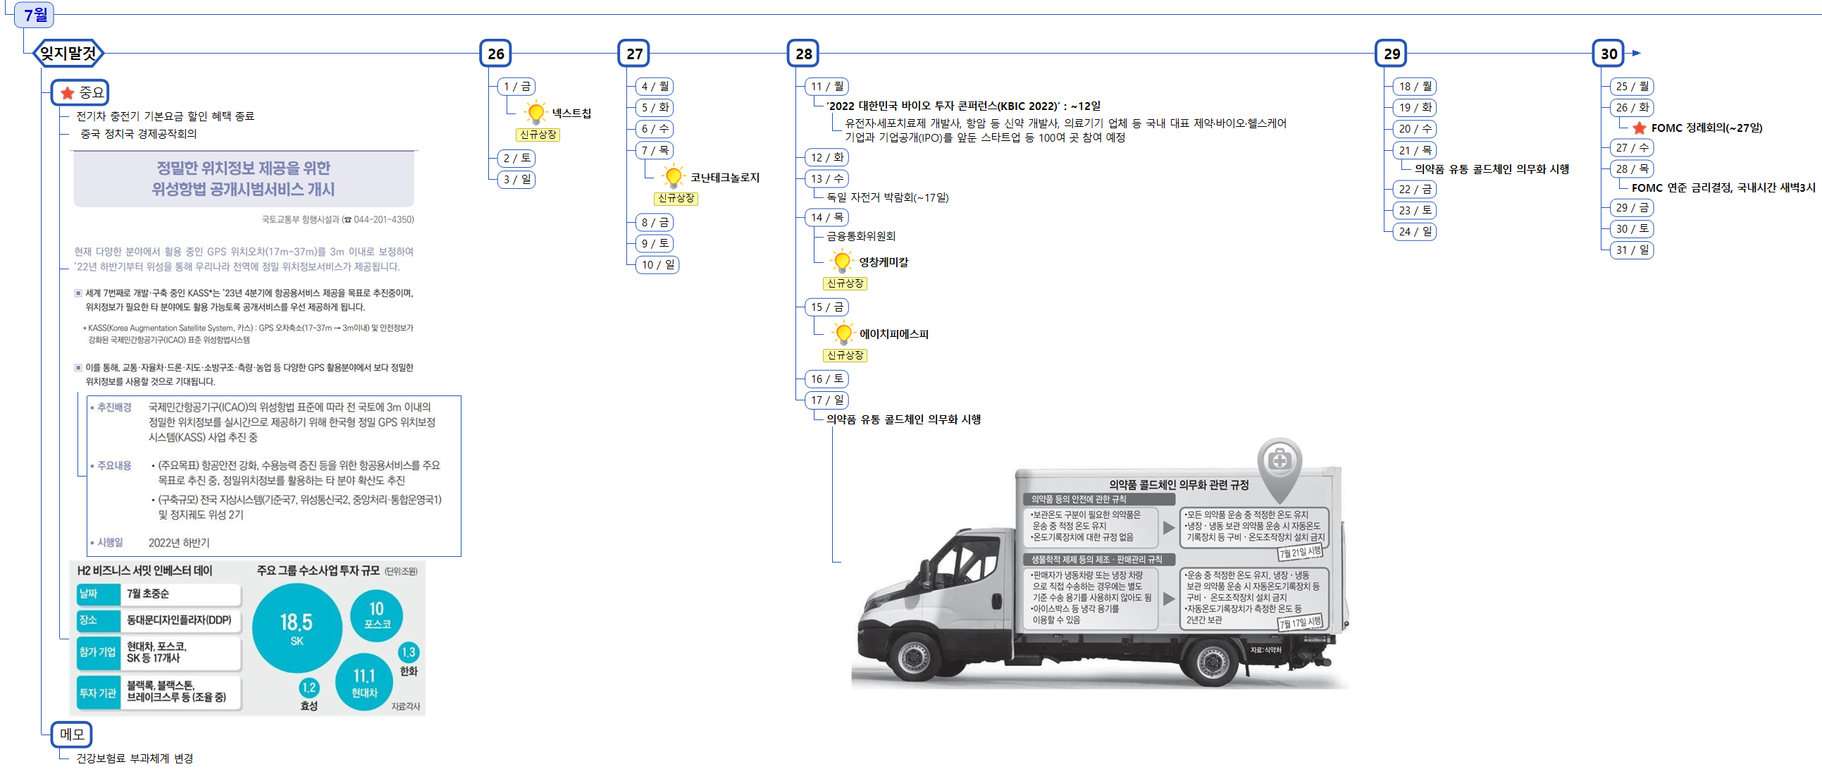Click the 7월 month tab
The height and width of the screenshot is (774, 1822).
(x=34, y=14)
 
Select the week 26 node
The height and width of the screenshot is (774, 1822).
(x=496, y=54)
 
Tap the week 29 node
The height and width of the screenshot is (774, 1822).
(x=1392, y=54)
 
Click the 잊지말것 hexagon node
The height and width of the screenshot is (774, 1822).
(x=68, y=53)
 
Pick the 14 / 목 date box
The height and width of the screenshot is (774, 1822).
(x=827, y=217)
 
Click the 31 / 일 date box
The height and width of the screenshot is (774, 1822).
(x=1632, y=250)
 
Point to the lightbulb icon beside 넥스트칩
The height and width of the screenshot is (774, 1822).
(x=535, y=112)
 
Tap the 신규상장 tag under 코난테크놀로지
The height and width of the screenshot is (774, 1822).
(x=676, y=198)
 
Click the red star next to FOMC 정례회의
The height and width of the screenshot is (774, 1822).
(x=1639, y=128)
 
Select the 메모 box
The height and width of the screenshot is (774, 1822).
(x=72, y=735)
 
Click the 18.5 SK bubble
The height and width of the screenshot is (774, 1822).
(x=297, y=627)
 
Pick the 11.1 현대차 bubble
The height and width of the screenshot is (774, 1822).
(x=364, y=682)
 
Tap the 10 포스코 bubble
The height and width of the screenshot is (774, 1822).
(x=376, y=614)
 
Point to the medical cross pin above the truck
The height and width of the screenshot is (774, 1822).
(x=1279, y=462)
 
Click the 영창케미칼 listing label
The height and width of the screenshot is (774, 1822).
(x=884, y=262)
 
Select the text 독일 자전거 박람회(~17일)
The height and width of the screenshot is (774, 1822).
(x=888, y=197)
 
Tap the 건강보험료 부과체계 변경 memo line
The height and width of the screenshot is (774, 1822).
(x=135, y=758)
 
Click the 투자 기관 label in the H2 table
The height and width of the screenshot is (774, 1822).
(x=98, y=693)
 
